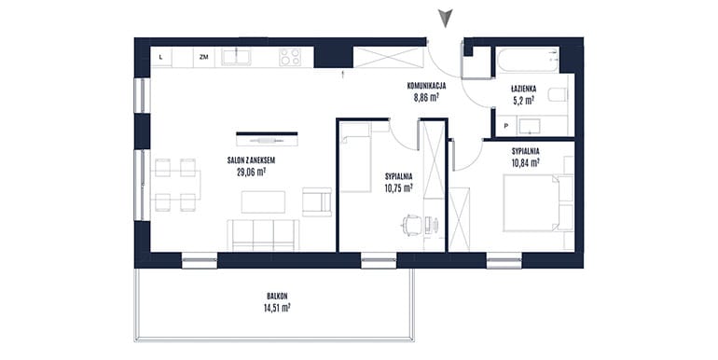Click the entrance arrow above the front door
445,18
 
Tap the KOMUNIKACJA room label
426,85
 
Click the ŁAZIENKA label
524,89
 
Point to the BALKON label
278,296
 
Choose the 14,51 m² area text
277,308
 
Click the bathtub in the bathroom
528,60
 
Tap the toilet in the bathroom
558,95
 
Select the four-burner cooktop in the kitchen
290,57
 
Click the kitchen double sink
236,57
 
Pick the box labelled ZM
204,57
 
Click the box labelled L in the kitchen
160,57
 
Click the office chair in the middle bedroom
411,226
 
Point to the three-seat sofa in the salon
263,235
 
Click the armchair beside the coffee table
317,201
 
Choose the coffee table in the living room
263,202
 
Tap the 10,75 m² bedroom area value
399,187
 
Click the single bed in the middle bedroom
355,157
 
